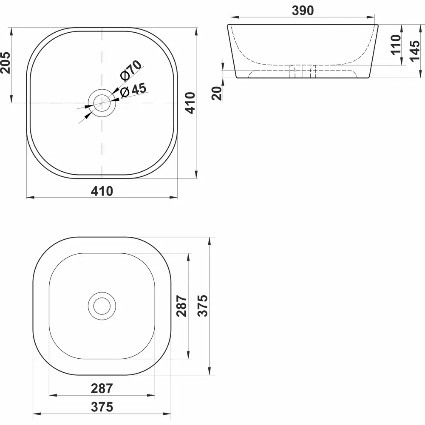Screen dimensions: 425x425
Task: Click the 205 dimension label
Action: point(5,62)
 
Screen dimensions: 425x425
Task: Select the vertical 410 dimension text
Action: point(190,102)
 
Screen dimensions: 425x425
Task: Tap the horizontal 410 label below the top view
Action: point(102,192)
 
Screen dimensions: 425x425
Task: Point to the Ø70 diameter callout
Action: point(130,70)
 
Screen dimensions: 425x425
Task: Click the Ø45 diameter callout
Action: point(133,90)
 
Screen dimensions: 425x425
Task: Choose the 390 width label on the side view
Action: point(303,11)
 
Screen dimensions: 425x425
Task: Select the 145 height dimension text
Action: point(416,48)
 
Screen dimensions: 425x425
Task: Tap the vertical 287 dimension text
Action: point(181,306)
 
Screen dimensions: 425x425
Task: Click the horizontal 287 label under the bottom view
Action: point(102,388)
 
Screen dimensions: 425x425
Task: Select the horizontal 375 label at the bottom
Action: point(102,407)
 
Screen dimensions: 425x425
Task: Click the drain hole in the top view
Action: point(102,103)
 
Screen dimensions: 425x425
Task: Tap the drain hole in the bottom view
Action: point(102,306)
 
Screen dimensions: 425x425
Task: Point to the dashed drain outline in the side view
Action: point(303,71)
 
